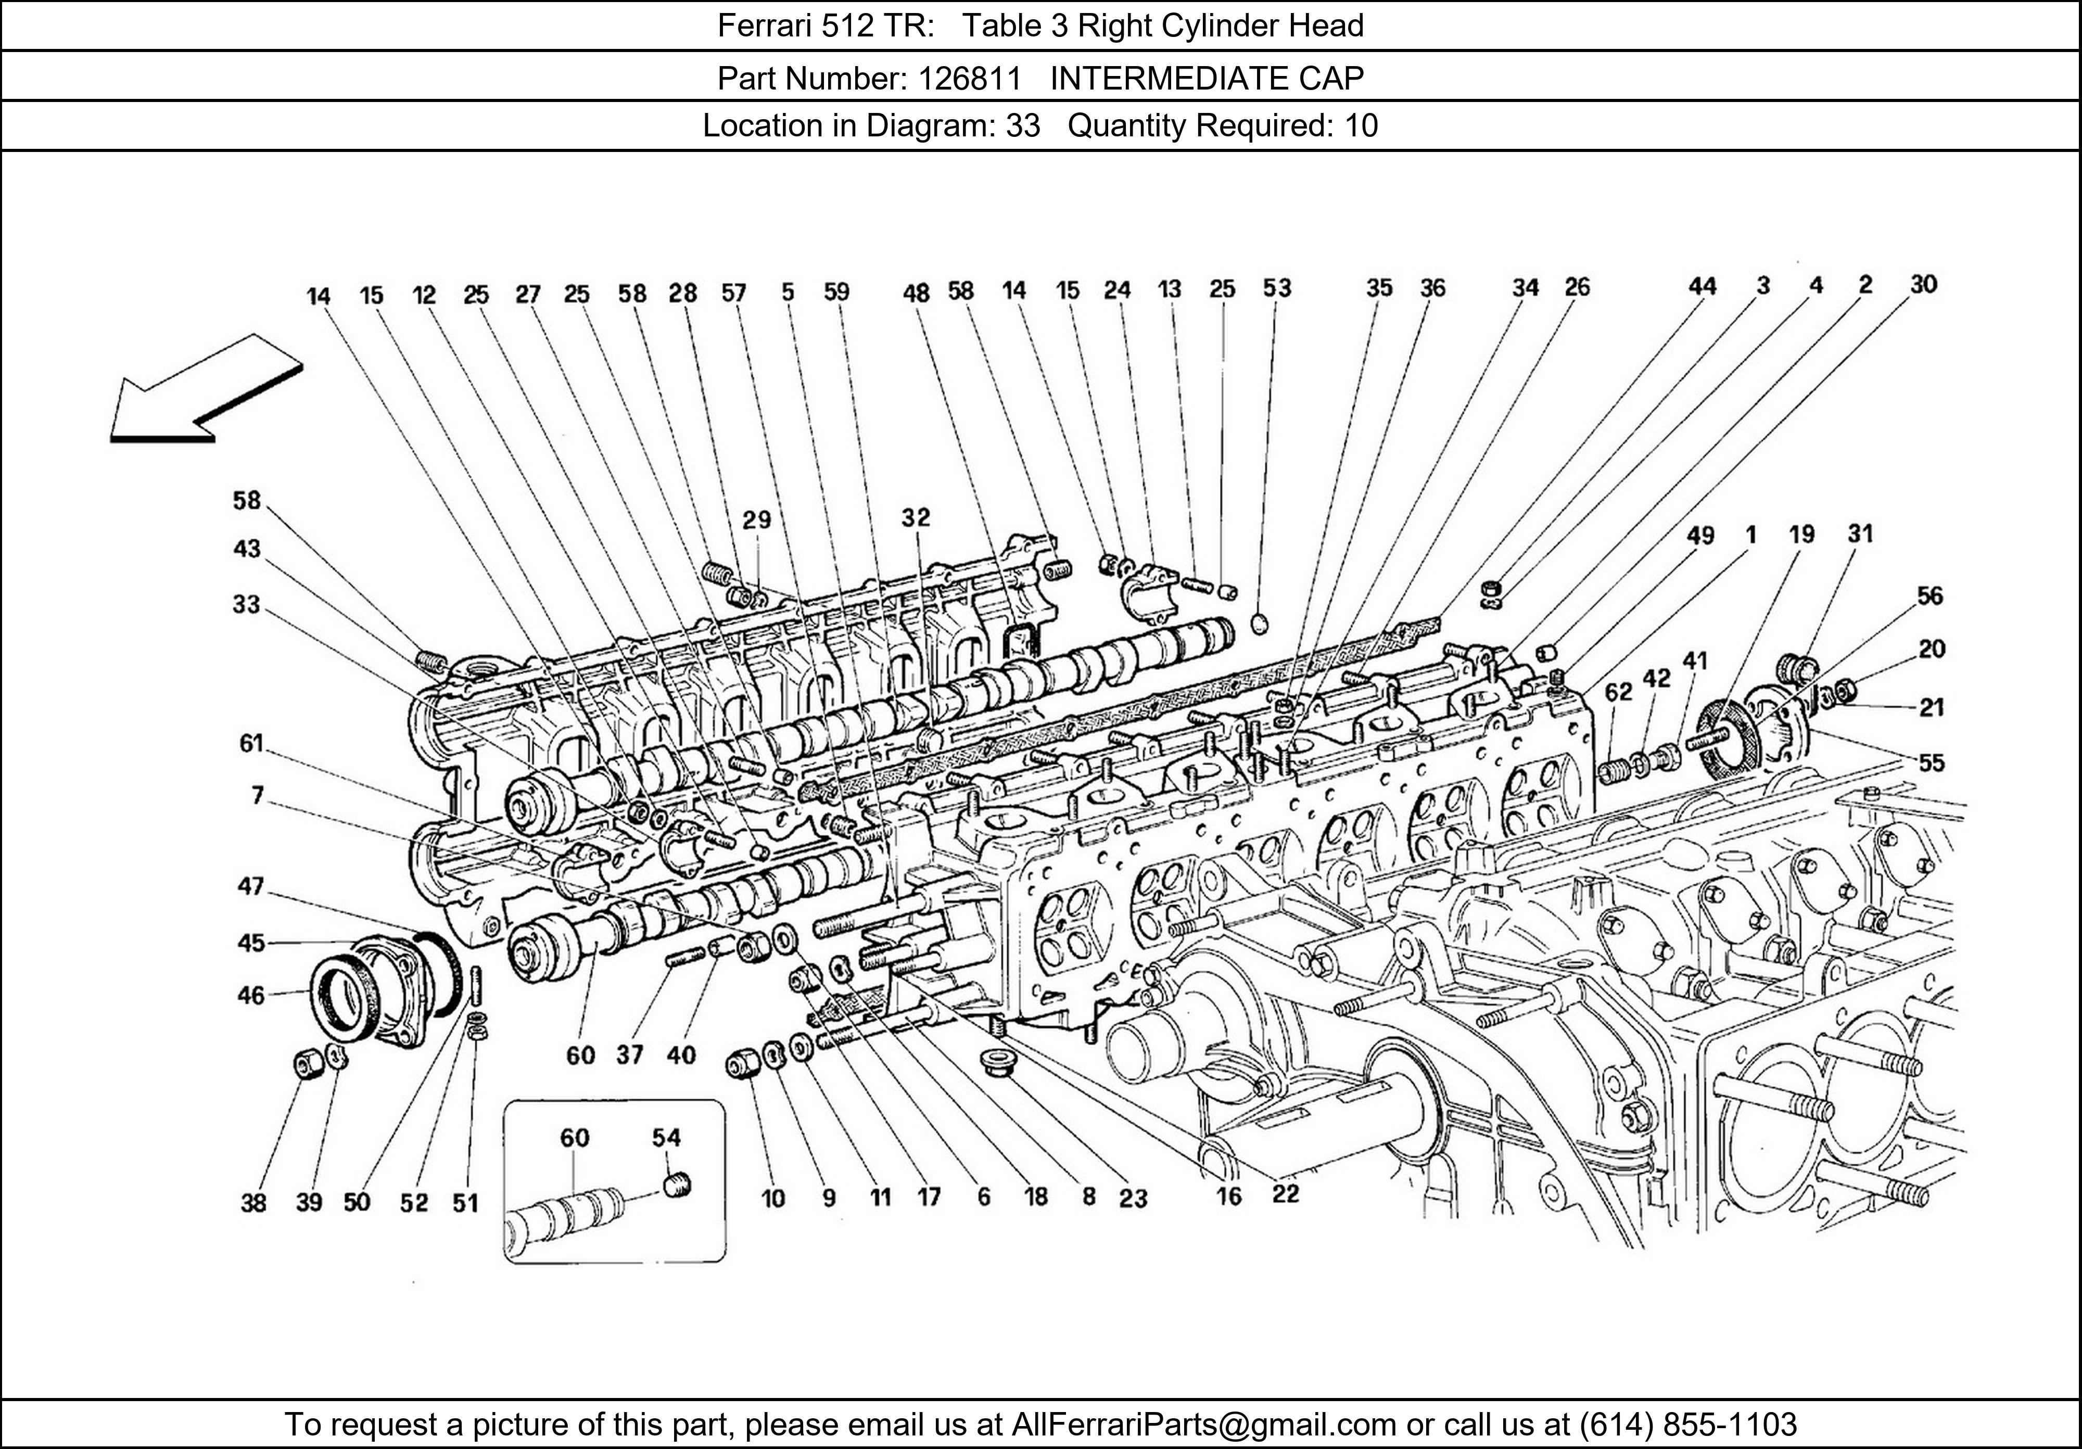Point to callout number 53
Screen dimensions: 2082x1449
coord(1277,288)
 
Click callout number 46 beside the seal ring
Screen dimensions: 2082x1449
coord(251,996)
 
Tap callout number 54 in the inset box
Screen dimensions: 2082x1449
coord(666,1137)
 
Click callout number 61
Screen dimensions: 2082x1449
coord(251,744)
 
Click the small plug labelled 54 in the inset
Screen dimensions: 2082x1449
coord(677,1185)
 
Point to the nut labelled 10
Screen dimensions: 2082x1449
coord(742,1064)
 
